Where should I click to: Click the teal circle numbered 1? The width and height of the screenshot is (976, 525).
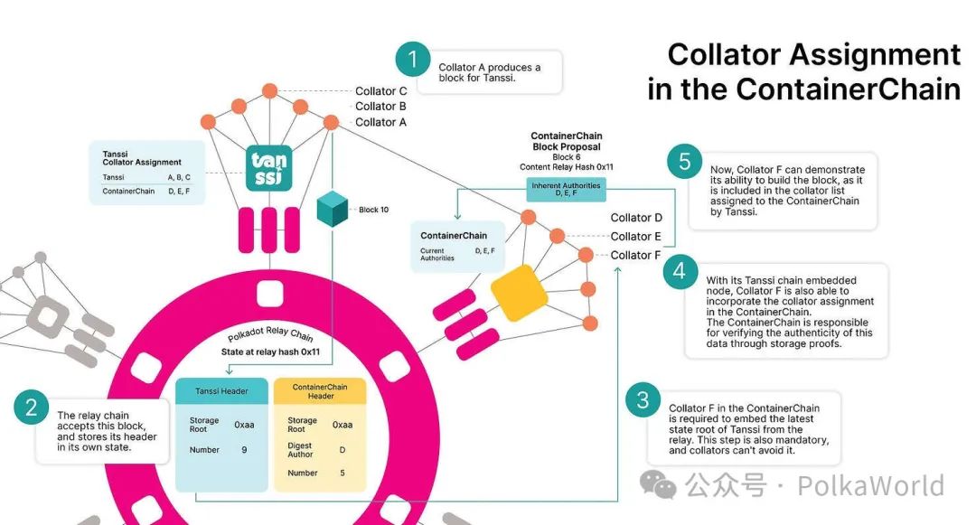pyautogui.click(x=413, y=60)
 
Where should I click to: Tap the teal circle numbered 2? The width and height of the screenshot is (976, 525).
pyautogui.click(x=31, y=408)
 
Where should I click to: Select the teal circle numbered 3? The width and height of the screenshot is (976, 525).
pyautogui.click(x=643, y=400)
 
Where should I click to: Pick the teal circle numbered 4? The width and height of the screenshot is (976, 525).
pyautogui.click(x=680, y=271)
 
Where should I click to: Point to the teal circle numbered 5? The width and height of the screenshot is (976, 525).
pyautogui.click(x=685, y=162)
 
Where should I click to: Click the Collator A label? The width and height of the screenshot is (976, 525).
pyautogui.click(x=381, y=123)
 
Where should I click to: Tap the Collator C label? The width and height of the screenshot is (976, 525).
pyautogui.click(x=381, y=91)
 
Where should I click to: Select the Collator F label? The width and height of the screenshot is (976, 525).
pyautogui.click(x=635, y=255)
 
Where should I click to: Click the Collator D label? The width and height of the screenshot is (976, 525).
pyautogui.click(x=636, y=218)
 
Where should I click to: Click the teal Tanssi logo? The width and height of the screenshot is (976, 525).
pyautogui.click(x=269, y=168)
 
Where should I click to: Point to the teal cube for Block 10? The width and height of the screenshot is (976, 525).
pyautogui.click(x=333, y=209)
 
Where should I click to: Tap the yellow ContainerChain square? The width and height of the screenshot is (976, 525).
pyautogui.click(x=519, y=293)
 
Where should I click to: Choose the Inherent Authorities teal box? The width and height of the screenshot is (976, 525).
pyautogui.click(x=566, y=189)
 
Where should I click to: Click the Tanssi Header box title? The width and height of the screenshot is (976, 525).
pyautogui.click(x=221, y=391)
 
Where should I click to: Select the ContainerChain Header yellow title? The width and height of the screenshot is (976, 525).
pyautogui.click(x=320, y=391)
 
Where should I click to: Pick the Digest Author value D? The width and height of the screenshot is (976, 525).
pyautogui.click(x=343, y=450)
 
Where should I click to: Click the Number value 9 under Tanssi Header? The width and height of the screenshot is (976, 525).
pyautogui.click(x=244, y=450)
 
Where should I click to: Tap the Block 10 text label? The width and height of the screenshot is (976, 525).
pyautogui.click(x=373, y=210)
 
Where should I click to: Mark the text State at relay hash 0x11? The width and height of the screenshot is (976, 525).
pyautogui.click(x=271, y=352)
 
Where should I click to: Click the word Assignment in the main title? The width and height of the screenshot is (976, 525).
pyautogui.click(x=875, y=56)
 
